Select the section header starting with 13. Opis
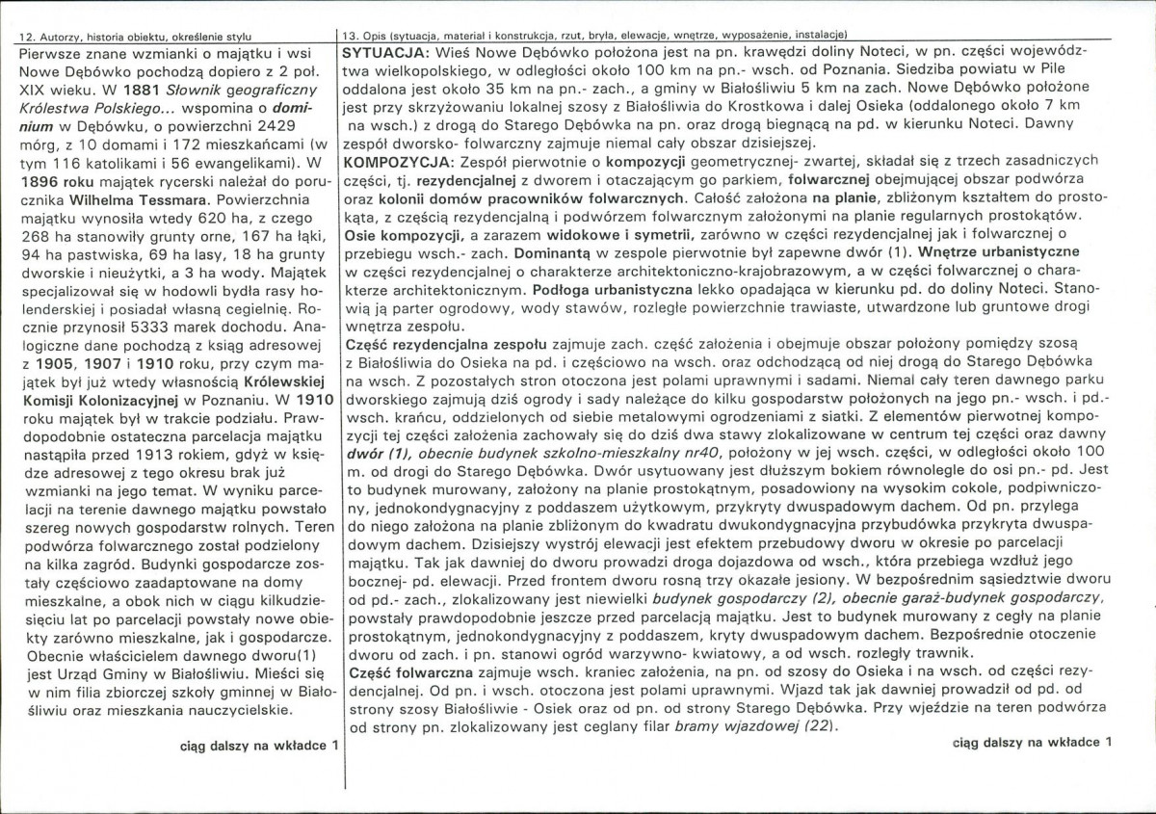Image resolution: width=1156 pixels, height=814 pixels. pyautogui.click(x=596, y=36)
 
